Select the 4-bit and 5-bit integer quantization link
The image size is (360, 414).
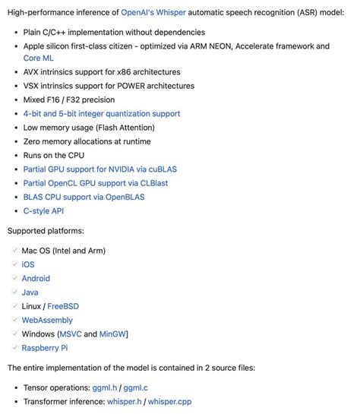[x=102, y=114]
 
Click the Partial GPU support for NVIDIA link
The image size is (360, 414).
[x=99, y=169]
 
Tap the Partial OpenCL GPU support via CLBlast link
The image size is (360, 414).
[x=105, y=183]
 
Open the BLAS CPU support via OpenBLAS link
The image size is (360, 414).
[x=84, y=197]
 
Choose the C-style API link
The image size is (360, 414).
[x=43, y=210]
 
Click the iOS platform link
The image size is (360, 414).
[x=28, y=264]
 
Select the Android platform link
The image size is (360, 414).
[x=36, y=278]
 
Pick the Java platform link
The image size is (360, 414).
[x=30, y=292]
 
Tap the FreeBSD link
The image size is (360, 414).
[x=63, y=306]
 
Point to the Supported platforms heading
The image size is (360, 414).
[x=46, y=231]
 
